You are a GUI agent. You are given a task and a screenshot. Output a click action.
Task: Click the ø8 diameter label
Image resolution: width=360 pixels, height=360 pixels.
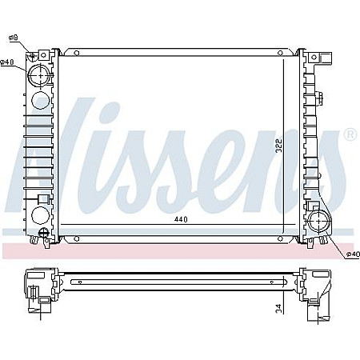click(14, 38)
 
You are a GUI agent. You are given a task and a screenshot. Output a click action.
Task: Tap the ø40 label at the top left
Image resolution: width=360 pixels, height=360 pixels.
click(7, 63)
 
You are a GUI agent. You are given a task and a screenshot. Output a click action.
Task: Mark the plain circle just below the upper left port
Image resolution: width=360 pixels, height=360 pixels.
click(40, 102)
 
